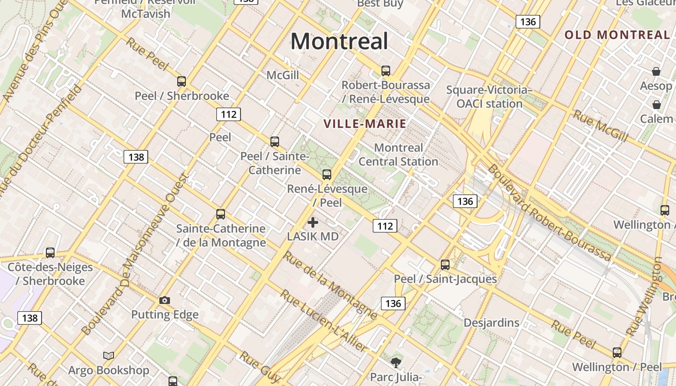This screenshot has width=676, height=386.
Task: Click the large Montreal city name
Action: pyautogui.click(x=339, y=41)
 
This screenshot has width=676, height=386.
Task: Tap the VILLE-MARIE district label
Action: pyautogui.click(x=365, y=124)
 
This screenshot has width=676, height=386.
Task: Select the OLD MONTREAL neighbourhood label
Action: pyautogui.click(x=617, y=35)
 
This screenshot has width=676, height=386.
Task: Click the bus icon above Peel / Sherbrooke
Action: pyautogui.click(x=182, y=82)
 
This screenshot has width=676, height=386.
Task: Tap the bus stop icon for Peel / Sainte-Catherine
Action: pyautogui.click(x=275, y=142)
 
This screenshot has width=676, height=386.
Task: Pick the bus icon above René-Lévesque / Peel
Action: pyautogui.click(x=327, y=175)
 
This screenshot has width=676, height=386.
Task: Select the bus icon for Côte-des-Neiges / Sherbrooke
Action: pyautogui.click(x=50, y=253)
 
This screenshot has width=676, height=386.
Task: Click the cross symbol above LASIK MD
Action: pyautogui.click(x=313, y=222)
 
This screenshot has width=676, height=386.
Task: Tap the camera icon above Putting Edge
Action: pyautogui.click(x=165, y=301)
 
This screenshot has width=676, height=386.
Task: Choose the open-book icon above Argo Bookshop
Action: pyautogui.click(x=109, y=356)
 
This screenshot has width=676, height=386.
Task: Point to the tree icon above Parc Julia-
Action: pyautogui.click(x=396, y=362)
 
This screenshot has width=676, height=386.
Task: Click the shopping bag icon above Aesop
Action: pyautogui.click(x=656, y=72)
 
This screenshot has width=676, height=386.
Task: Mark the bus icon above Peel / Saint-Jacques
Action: pyautogui.click(x=445, y=265)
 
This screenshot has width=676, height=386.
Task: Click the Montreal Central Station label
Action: pyautogui.click(x=398, y=154)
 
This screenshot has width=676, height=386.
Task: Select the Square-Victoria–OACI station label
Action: pyautogui.click(x=489, y=96)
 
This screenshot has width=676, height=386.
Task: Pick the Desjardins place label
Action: pyautogui.click(x=492, y=322)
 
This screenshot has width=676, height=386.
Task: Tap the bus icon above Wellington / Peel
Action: pyautogui.click(x=617, y=353)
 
